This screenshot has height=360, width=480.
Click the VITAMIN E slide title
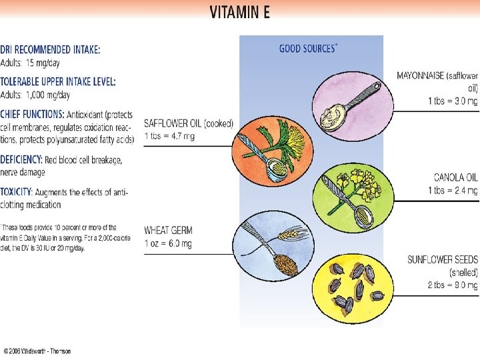tap(239, 13)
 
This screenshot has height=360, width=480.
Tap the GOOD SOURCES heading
tap(307, 48)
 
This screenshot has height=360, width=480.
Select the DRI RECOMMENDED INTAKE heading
tap(51, 49)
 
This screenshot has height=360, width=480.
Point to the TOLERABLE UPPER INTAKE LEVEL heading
tap(59, 81)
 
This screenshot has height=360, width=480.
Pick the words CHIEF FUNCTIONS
tap(31, 115)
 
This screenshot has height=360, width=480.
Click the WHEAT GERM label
tap(167, 231)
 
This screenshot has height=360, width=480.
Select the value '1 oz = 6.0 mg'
tap(168, 243)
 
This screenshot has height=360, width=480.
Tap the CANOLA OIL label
tap(455, 178)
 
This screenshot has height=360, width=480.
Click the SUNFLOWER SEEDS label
tap(442, 260)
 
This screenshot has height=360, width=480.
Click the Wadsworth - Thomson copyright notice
tap(37, 351)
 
